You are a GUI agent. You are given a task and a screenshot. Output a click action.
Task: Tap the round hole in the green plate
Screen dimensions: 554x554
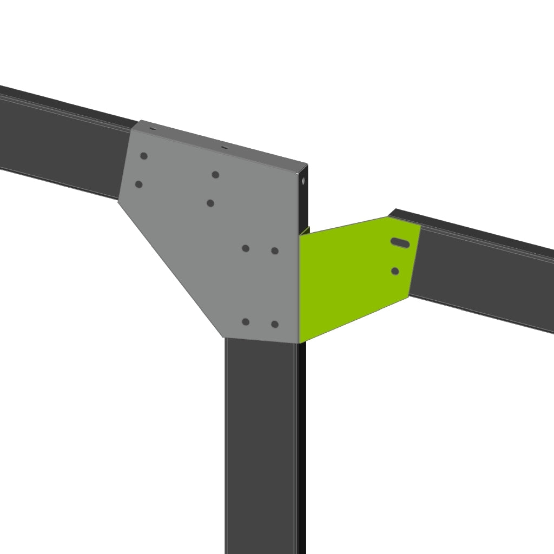pos(395,271)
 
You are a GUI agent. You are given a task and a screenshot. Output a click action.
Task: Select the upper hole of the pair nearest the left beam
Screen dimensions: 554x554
pos(144,156)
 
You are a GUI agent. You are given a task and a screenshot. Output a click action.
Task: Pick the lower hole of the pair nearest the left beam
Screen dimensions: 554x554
pos(138,184)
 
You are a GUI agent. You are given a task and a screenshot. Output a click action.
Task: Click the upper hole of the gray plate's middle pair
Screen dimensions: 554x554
pos(215,175)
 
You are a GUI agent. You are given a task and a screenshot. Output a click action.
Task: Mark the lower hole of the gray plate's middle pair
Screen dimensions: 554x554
pos(210,203)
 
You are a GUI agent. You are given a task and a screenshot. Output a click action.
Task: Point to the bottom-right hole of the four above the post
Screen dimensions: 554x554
pos(275,324)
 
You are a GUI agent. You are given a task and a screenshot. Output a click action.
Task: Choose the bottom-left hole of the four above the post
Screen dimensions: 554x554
pos(246,322)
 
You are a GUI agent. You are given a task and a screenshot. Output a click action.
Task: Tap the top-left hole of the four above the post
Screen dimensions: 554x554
pos(246,248)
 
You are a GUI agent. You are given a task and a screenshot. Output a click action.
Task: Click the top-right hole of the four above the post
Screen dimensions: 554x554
pos(275,250)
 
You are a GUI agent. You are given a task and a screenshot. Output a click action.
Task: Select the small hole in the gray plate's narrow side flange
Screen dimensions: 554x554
pos(304,181)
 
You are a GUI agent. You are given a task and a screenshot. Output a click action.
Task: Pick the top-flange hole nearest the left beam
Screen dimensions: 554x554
pos(153,129)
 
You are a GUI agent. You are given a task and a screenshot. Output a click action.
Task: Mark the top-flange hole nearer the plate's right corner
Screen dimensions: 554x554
pos(223,147)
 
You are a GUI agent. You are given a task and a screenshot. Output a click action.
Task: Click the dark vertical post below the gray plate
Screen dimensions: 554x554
pos(260,444)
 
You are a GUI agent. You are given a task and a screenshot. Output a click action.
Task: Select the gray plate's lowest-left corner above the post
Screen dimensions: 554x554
pos(225,337)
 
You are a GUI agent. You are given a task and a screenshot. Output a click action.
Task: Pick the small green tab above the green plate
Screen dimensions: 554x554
pos(305,230)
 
